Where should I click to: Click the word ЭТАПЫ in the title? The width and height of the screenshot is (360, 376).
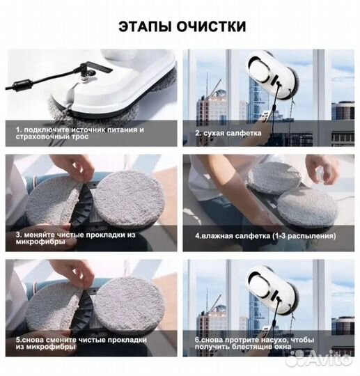coord(145,27)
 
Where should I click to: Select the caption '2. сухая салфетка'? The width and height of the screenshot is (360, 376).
coord(229,132)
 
